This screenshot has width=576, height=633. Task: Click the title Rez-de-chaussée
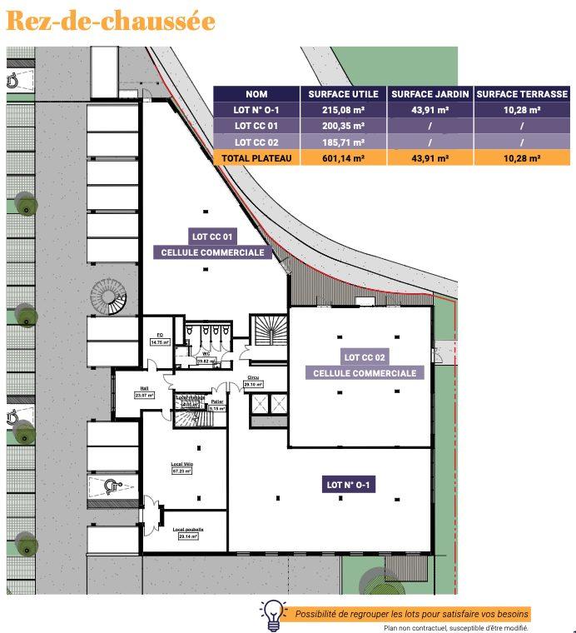point(110,21)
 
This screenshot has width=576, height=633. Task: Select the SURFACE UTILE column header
point(343,95)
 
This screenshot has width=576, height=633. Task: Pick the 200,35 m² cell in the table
point(343,127)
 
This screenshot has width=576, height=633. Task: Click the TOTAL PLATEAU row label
point(256,157)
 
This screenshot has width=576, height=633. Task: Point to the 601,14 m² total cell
point(343,157)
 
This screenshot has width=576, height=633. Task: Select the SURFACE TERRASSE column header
point(521,95)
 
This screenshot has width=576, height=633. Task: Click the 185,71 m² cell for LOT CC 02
point(343,142)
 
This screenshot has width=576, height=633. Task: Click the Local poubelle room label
point(188,530)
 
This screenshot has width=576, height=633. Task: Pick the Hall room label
point(143,388)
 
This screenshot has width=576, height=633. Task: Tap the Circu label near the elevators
point(253,378)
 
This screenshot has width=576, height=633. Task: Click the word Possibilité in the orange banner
point(317,614)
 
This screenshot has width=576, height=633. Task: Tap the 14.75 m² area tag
point(160,342)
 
